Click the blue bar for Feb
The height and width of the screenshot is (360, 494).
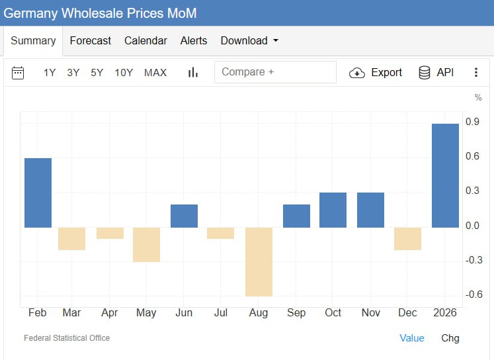pyautogui.click(x=38, y=193)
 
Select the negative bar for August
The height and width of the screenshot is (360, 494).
pyautogui.click(x=259, y=261)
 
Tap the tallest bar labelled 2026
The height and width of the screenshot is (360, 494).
pyautogui.click(x=445, y=175)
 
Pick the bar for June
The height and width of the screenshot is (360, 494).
pyautogui.click(x=184, y=216)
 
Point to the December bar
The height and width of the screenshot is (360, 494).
pyautogui.click(x=407, y=238)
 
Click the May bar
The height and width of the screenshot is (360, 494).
pyautogui.click(x=146, y=244)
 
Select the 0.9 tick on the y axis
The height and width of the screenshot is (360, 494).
pyautogui.click(x=472, y=122)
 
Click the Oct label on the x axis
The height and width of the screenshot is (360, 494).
pyautogui.click(x=333, y=312)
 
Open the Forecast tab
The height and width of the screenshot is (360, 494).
pyautogui.click(x=90, y=40)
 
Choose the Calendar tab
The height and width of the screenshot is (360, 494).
pyautogui.click(x=145, y=40)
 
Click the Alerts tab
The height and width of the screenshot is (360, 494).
pyautogui.click(x=194, y=40)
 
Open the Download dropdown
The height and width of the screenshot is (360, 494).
pyautogui.click(x=249, y=40)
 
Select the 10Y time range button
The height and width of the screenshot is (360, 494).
pyautogui.click(x=124, y=73)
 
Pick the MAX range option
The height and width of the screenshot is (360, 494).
pyautogui.click(x=155, y=73)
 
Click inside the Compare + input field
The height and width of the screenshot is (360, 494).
pyautogui.click(x=275, y=72)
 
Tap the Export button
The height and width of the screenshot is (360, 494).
pyautogui.click(x=376, y=73)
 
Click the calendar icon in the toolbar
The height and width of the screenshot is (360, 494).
pyautogui.click(x=18, y=73)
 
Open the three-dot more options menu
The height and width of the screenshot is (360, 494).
pyautogui.click(x=476, y=73)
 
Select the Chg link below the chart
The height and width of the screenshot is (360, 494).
pyautogui.click(x=450, y=338)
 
